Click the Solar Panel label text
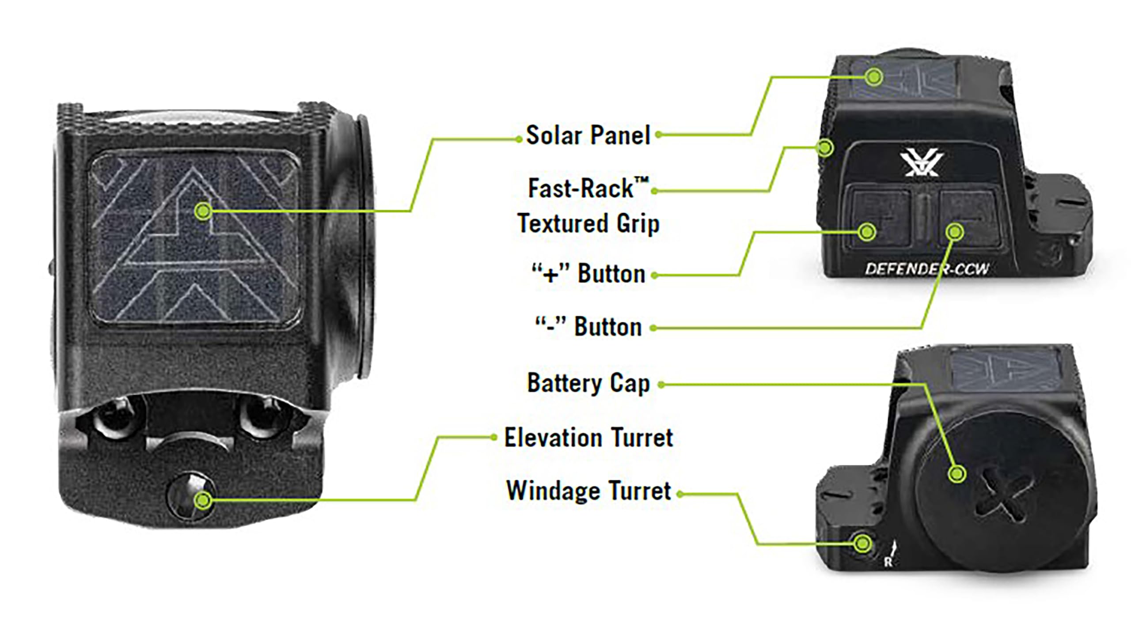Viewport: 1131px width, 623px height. pos(588,135)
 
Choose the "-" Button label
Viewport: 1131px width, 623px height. pos(588,327)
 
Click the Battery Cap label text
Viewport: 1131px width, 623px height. pos(588,383)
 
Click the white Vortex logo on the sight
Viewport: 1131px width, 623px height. pos(922,164)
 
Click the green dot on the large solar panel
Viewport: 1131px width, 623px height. pos(203,211)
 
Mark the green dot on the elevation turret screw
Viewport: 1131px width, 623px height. pos(203,500)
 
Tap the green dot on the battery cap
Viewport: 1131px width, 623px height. pos(956,474)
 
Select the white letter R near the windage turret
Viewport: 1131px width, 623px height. pos(888,562)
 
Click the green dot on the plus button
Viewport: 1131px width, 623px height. pos(867,231)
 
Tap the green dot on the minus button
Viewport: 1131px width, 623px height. pos(955,231)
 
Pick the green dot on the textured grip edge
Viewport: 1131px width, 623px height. pos(824,147)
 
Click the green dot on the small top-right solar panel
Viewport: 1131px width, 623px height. pos(873,77)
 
